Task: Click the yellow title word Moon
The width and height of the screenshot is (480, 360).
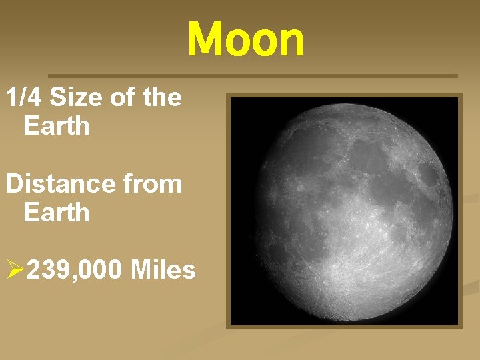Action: [245, 39]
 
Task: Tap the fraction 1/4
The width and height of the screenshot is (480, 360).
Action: [25, 97]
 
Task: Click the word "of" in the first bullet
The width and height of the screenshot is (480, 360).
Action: [123, 97]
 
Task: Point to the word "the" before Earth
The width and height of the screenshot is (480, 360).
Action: [161, 97]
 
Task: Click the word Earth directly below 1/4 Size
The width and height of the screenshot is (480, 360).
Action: [56, 125]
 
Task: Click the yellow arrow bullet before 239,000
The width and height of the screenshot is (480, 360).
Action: [15, 270]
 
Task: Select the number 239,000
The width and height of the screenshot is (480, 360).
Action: [75, 270]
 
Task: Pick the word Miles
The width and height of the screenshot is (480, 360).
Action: [163, 270]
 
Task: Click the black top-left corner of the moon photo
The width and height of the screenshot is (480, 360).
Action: [240, 107]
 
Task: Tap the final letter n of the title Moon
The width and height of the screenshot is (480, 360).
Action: [291, 41]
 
